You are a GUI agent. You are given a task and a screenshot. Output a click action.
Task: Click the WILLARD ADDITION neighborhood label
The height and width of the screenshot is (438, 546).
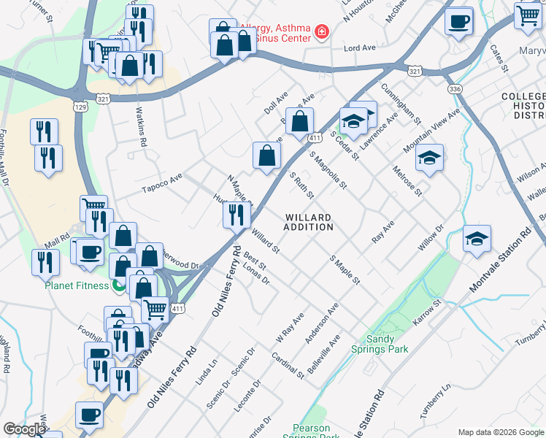309,223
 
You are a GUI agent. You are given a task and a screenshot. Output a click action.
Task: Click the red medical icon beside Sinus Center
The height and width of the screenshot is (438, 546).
320,32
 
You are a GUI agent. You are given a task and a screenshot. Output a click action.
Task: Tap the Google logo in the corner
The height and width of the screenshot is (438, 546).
23,430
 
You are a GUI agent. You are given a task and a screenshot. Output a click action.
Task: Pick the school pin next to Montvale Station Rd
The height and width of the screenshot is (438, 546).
477,239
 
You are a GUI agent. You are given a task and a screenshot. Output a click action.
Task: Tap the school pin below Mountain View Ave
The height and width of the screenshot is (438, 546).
430,158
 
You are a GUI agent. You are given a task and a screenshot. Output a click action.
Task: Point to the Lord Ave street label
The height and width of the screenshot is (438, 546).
359,48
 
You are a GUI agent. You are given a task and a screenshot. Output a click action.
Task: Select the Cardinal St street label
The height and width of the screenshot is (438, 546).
288,365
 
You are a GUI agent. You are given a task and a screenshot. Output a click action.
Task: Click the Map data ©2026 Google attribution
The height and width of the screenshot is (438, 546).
500,432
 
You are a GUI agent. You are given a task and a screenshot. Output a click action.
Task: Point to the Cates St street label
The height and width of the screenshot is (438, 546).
499,58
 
